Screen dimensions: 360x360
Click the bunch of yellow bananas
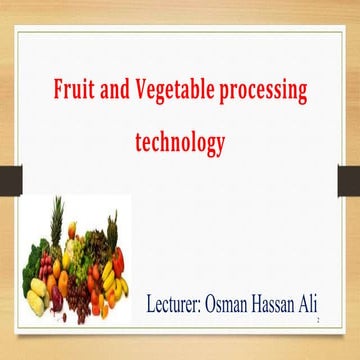[118, 290]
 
